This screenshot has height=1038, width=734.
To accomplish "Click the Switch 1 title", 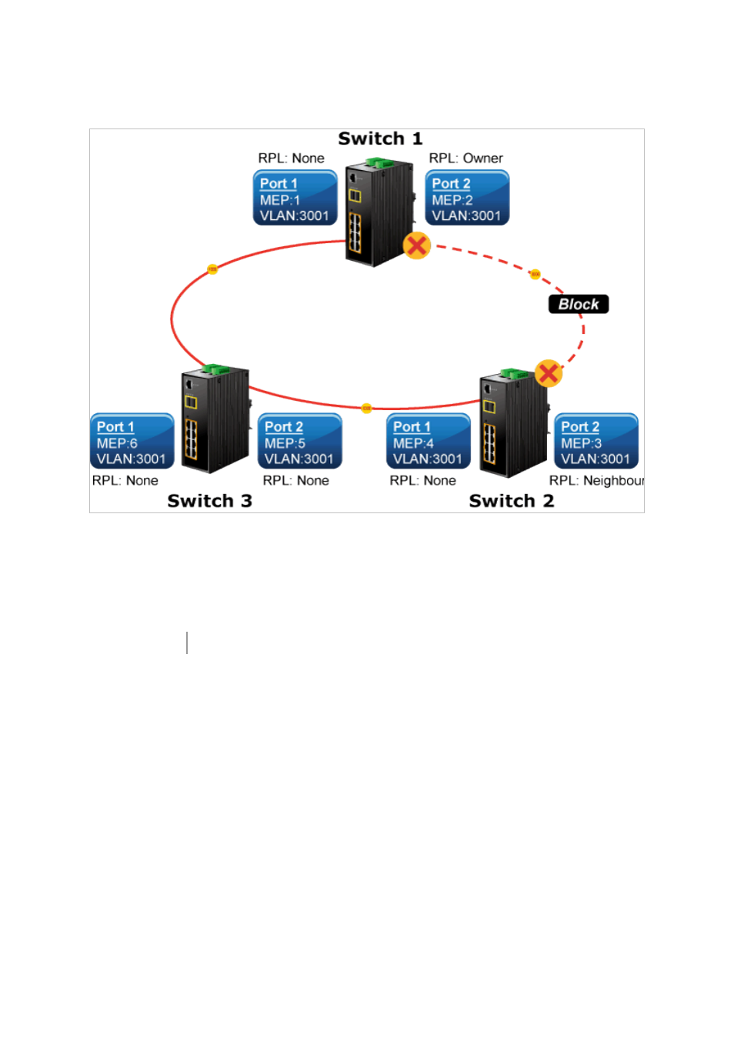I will (x=380, y=139).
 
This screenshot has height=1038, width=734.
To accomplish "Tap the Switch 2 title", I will (x=511, y=501).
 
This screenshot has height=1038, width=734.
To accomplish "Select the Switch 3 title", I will (x=209, y=501).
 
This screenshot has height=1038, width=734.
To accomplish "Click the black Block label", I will (x=579, y=304).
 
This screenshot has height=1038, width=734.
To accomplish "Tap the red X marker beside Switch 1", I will (x=417, y=246).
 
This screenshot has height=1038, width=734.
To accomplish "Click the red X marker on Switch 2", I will (x=549, y=374).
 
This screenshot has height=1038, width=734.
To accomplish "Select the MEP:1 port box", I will (x=295, y=199).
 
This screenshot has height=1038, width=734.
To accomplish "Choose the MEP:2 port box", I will (x=467, y=199).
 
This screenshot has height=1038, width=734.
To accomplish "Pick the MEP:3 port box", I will (x=596, y=442).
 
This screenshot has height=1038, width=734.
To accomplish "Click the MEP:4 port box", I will (x=428, y=442).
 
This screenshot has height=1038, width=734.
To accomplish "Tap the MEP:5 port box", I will (x=299, y=442).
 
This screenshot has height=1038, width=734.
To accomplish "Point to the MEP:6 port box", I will (x=132, y=442).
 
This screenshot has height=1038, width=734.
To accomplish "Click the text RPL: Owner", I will (x=465, y=159).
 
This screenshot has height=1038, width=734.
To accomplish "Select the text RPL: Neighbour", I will (x=596, y=481).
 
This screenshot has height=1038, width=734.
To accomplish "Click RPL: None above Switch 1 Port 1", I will (x=291, y=159).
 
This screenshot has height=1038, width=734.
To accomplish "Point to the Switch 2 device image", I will (x=513, y=422).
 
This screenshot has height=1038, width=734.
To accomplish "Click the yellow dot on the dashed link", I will (x=535, y=274).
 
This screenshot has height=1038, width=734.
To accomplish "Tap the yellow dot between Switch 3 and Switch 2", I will (x=367, y=408).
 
